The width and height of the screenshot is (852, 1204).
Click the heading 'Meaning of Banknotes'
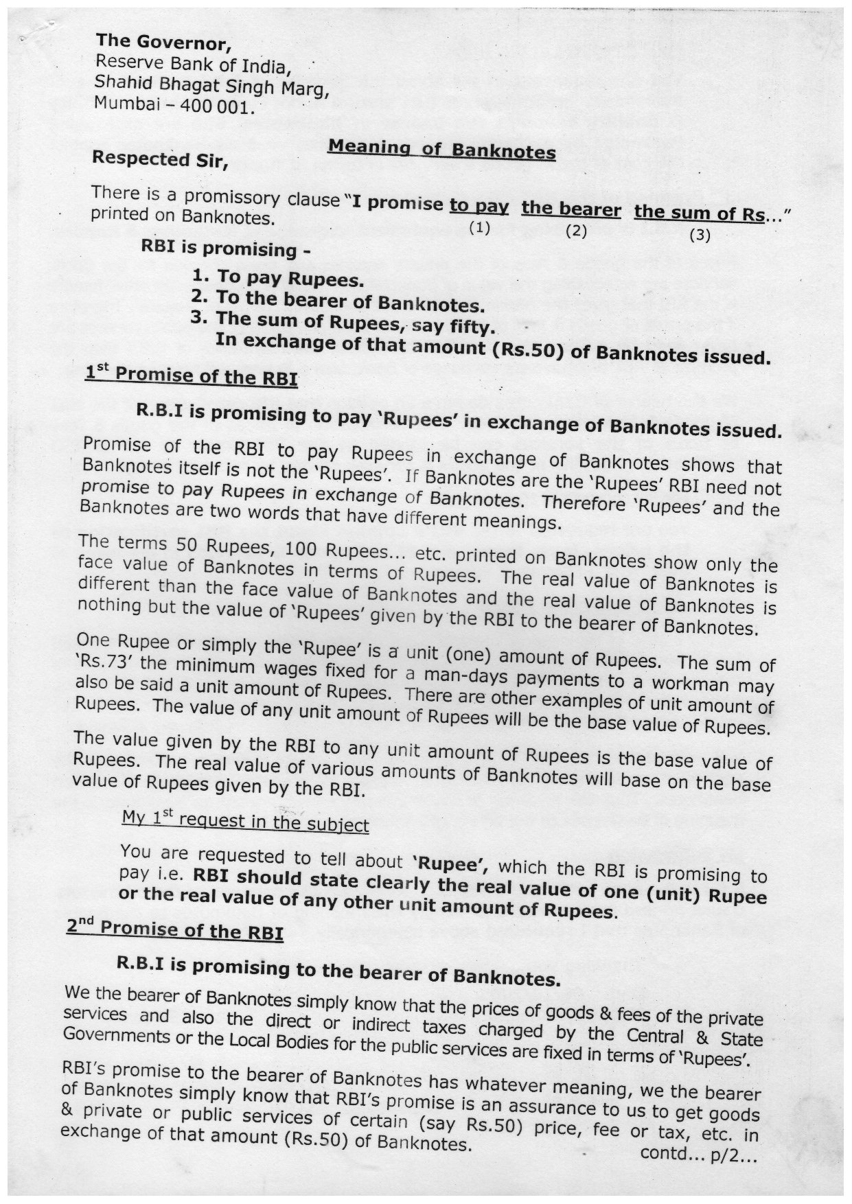click(441, 149)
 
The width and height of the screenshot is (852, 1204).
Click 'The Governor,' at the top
click(163, 43)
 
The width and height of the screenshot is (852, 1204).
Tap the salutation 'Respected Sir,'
click(159, 159)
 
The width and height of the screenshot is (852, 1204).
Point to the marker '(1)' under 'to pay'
click(479, 228)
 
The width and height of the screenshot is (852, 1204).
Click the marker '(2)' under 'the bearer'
click(575, 231)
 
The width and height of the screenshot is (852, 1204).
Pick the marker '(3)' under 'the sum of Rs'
click(700, 235)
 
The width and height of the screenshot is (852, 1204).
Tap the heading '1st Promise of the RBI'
click(191, 375)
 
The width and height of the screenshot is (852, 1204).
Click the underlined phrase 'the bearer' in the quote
click(571, 209)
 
